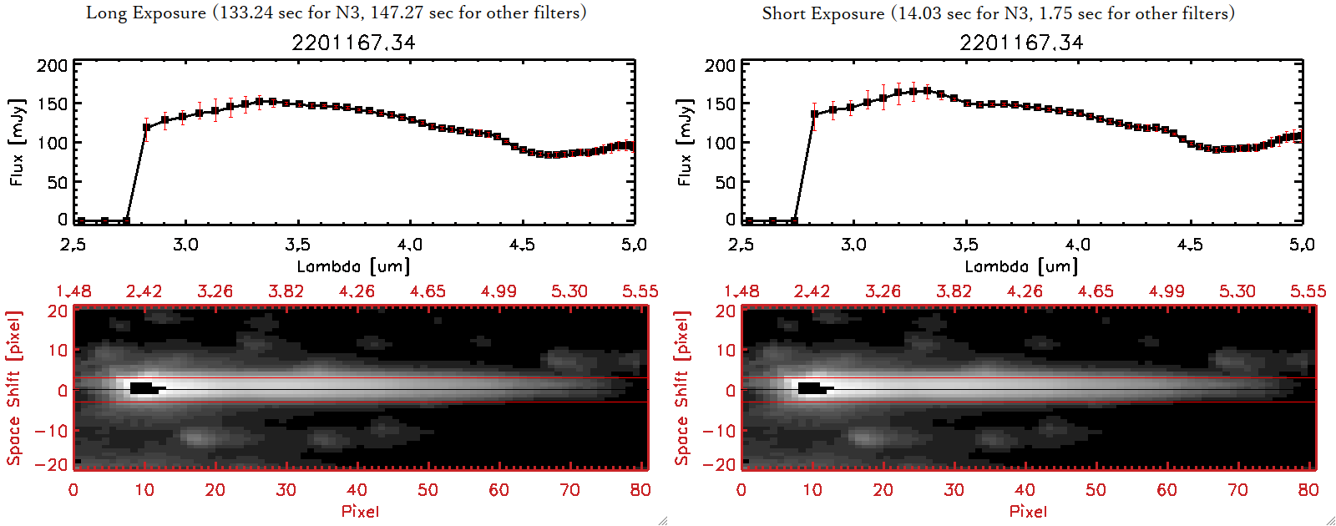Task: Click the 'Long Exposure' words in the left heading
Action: point(146,13)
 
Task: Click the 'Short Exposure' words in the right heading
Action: point(822,13)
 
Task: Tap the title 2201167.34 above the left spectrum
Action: point(353,43)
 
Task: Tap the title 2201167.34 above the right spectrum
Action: point(1021,43)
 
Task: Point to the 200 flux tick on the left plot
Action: point(52,65)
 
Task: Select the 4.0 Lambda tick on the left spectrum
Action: point(409,245)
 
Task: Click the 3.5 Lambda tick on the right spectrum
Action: point(965,245)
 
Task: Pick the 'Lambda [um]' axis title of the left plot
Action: point(353,266)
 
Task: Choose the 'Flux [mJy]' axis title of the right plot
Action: point(685,142)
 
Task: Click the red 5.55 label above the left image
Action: point(640,291)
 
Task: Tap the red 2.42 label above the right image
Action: point(812,291)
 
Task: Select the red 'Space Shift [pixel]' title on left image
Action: point(13,388)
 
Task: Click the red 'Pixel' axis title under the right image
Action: point(1028,511)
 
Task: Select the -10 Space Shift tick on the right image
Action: point(719,431)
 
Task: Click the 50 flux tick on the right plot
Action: point(725,182)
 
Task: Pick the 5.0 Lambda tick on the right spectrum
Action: point(1302,245)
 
